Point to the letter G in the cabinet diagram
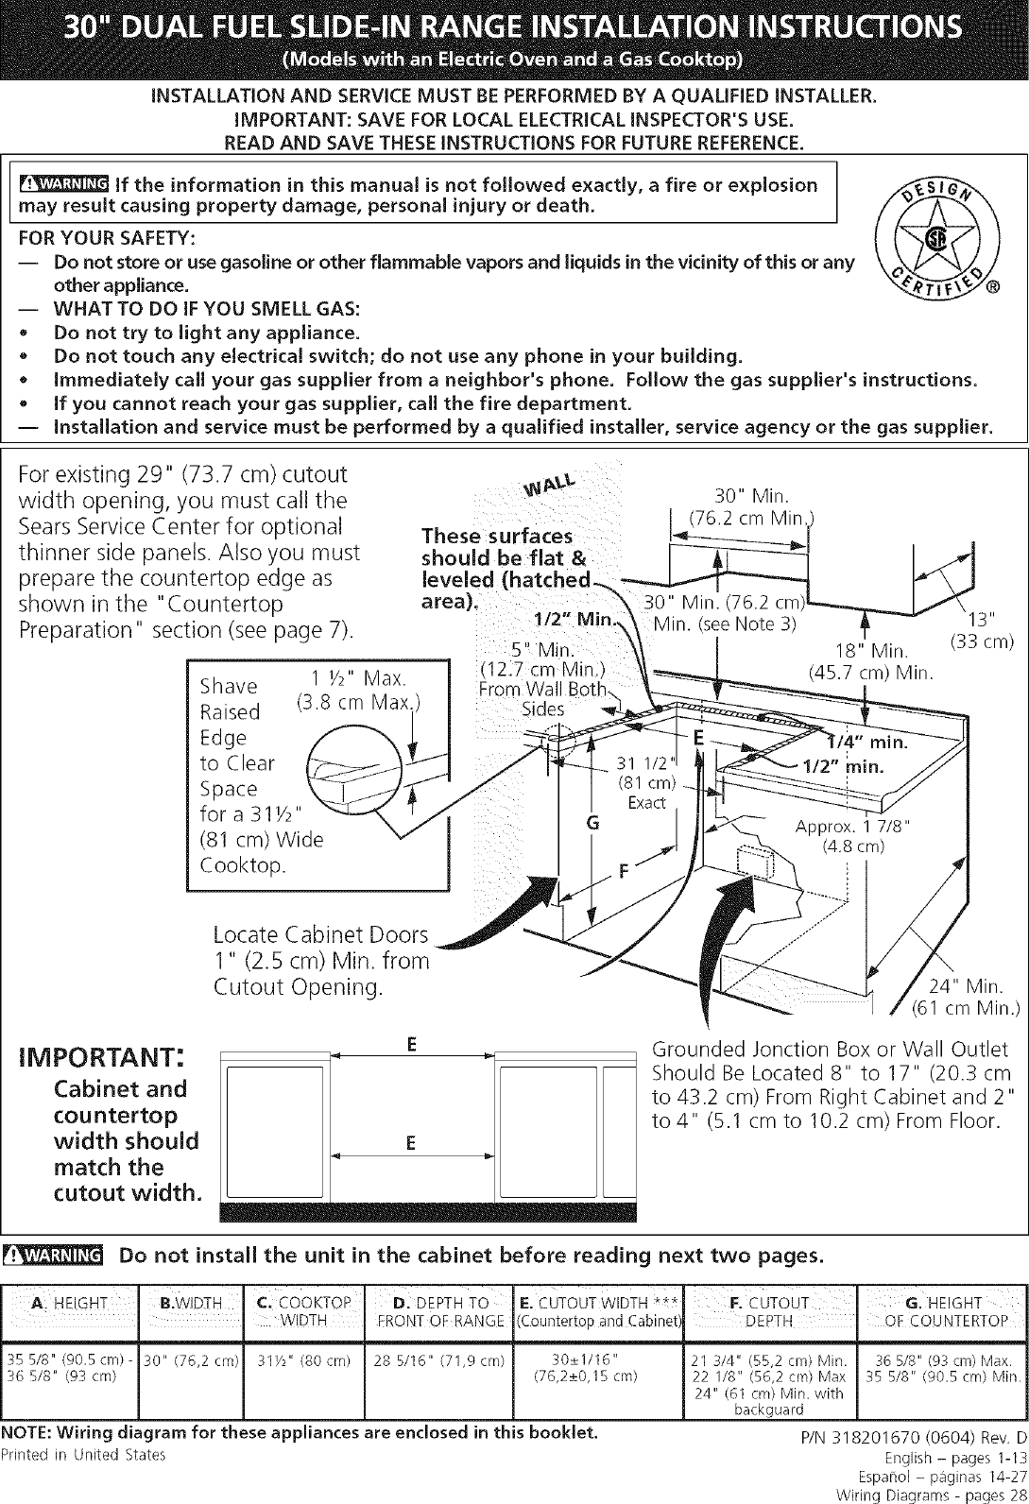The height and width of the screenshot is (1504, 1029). (x=592, y=823)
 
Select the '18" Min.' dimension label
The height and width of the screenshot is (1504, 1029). (x=870, y=651)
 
